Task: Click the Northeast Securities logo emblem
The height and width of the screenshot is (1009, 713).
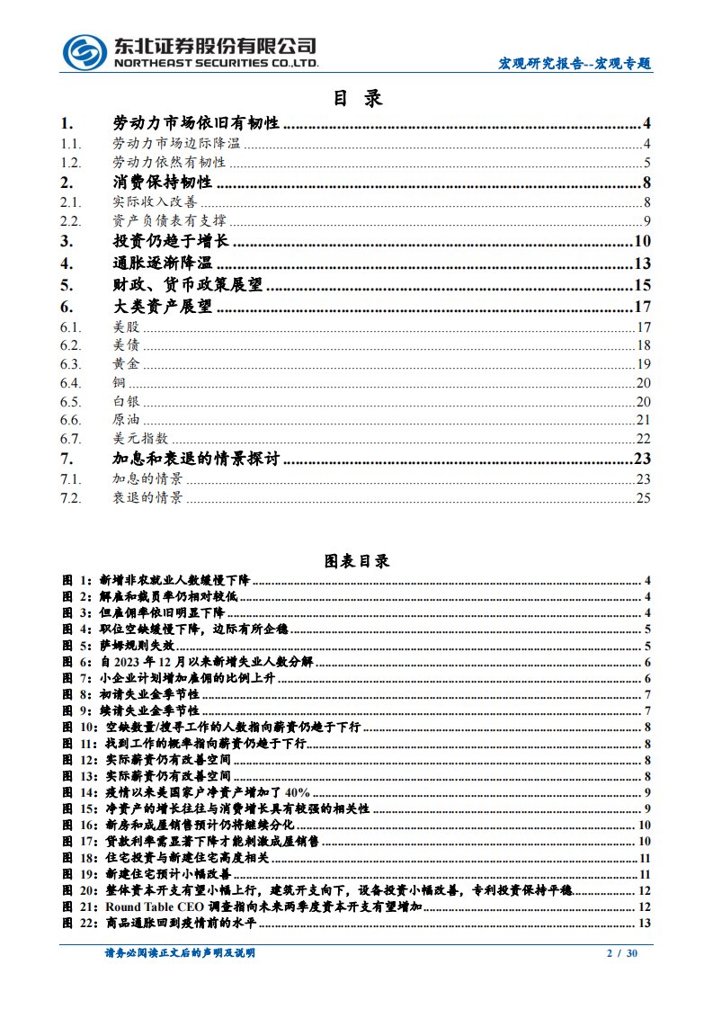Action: tap(85, 52)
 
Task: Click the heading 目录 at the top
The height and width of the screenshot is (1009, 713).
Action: tap(358, 98)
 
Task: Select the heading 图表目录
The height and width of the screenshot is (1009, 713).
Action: tap(357, 561)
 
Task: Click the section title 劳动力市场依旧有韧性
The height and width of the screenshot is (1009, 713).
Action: tap(195, 124)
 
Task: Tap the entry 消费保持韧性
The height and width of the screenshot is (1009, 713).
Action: tap(163, 183)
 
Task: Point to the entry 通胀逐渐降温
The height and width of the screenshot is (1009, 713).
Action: tap(163, 263)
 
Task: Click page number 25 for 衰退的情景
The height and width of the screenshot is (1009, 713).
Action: tap(643, 497)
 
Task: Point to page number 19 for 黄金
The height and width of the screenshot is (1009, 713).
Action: tap(643, 363)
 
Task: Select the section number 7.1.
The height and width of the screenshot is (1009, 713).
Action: tap(71, 478)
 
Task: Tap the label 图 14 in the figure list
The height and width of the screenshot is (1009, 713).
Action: tap(76, 792)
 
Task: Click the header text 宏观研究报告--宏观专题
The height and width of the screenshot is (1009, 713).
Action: tap(575, 64)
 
